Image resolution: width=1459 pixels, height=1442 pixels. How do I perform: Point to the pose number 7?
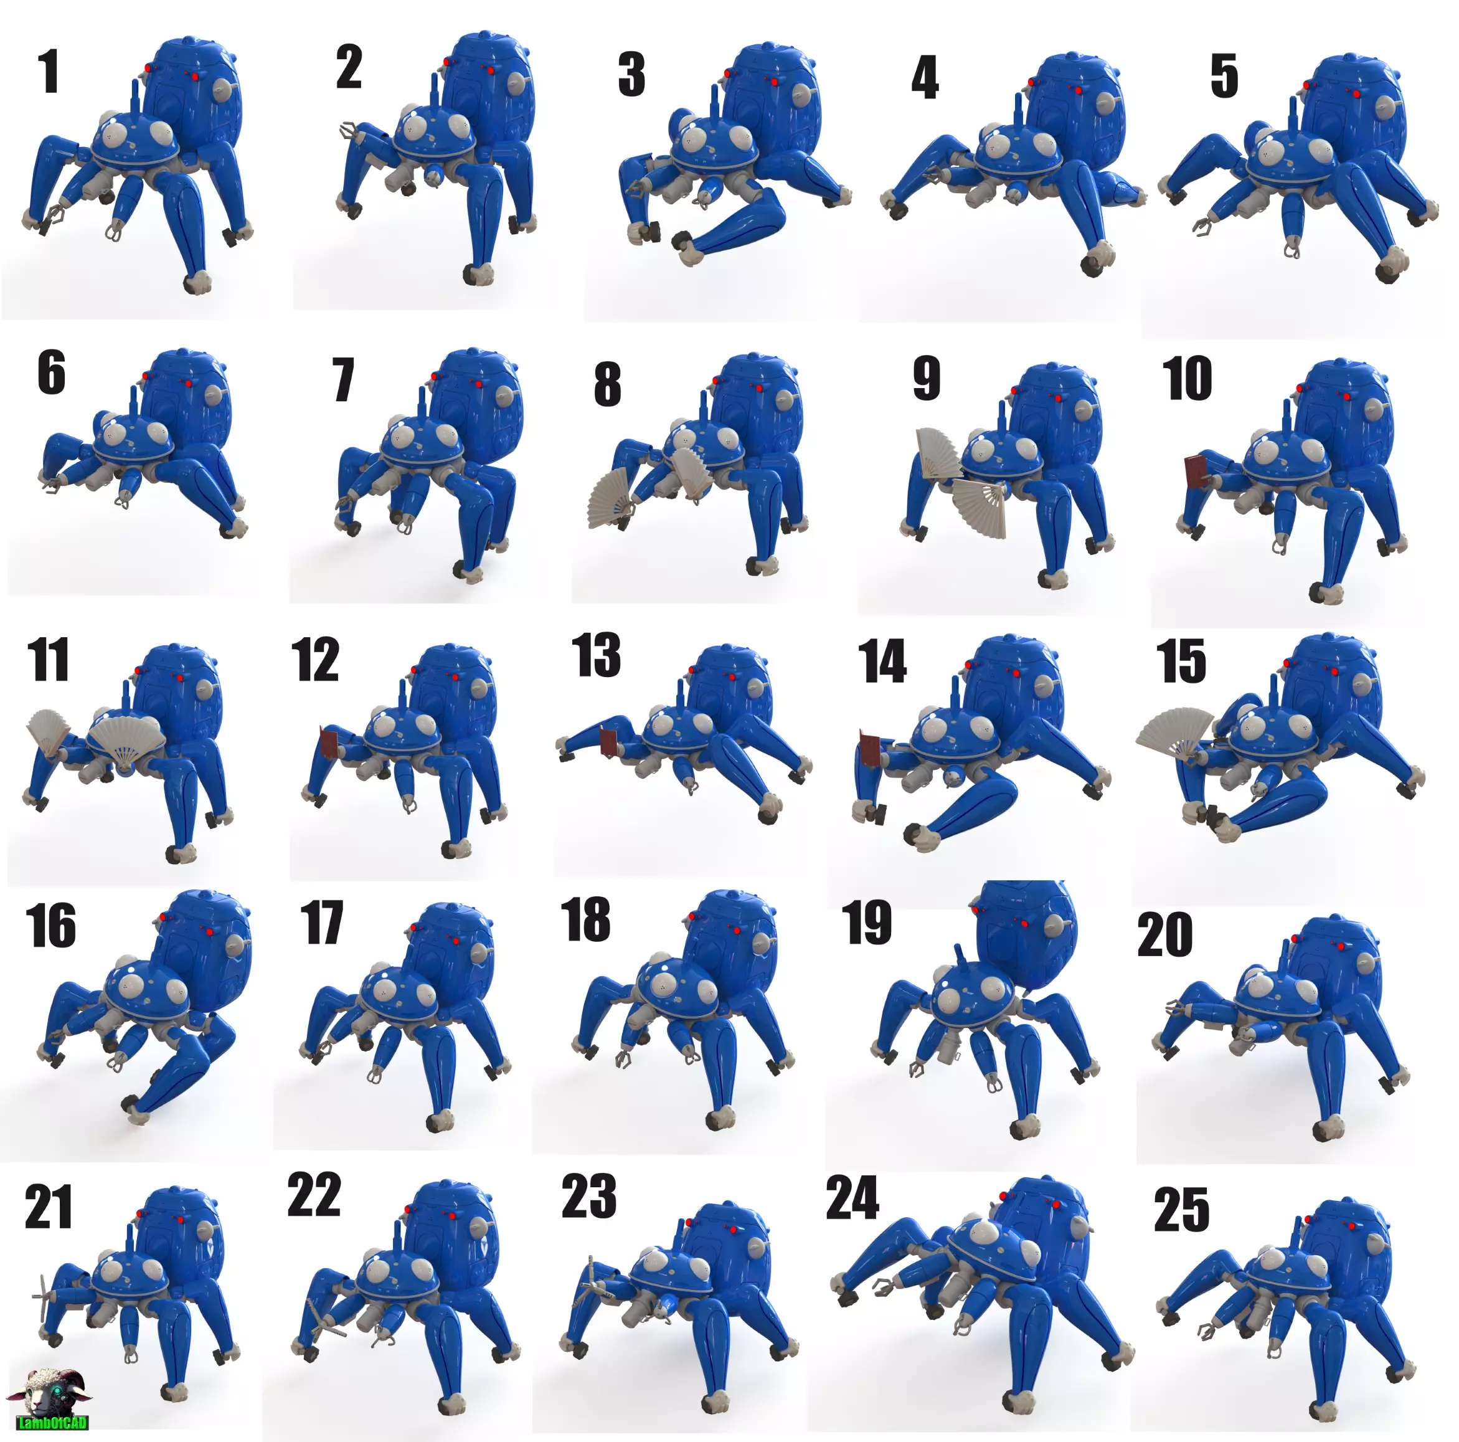pyautogui.click(x=343, y=380)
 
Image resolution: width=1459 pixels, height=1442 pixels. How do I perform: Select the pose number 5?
pyautogui.click(x=1224, y=75)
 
